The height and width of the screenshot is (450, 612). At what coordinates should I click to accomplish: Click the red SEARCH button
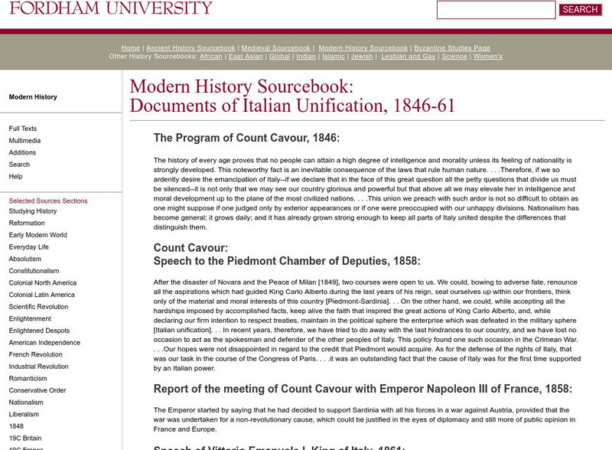tap(580, 10)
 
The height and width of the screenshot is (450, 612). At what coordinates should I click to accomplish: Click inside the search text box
tap(496, 10)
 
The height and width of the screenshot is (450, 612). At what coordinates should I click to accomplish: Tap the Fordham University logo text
tap(111, 8)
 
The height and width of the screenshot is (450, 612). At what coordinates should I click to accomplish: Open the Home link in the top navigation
tap(130, 48)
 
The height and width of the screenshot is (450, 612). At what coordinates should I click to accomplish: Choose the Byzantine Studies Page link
tap(451, 48)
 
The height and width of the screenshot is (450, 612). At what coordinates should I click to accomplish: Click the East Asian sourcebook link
tap(246, 57)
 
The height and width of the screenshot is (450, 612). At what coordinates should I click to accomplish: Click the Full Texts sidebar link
tap(23, 129)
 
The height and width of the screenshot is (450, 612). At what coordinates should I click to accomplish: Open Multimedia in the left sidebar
tap(24, 141)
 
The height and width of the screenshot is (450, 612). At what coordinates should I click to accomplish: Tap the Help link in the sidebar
tap(15, 177)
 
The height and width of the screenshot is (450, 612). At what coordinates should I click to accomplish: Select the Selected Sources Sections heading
tap(48, 201)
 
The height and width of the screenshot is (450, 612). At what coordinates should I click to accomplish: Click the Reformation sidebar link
tap(27, 223)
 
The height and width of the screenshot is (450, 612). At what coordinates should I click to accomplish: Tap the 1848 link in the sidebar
tap(17, 426)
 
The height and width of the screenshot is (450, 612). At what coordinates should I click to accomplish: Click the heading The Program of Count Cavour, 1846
tap(246, 139)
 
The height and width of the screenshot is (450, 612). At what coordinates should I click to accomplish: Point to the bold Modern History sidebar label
tap(33, 97)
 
